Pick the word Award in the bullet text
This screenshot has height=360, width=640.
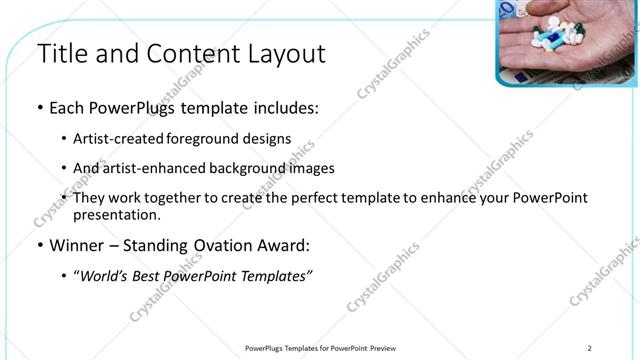pos(286,244)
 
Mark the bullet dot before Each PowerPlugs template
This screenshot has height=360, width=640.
pos(39,107)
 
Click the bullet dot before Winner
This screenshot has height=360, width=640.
pos(39,244)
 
